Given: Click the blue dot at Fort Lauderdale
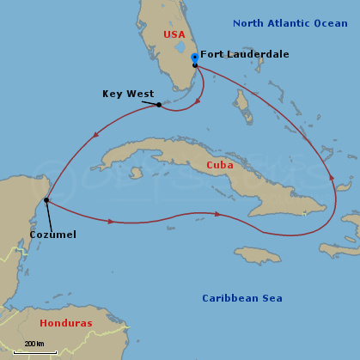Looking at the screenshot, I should tap(195, 58).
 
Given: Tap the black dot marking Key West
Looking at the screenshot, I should tap(159, 105).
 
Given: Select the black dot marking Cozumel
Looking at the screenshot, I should tap(46, 200).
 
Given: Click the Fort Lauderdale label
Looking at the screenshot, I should tap(245, 54).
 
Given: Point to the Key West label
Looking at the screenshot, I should tap(128, 94).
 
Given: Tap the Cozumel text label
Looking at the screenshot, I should tap(52, 234).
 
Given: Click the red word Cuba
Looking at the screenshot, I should tap(219, 164).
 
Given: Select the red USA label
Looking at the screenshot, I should tap(174, 34).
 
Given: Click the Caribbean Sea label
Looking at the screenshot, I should tap(242, 298).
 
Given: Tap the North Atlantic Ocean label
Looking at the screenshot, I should tap(290, 23).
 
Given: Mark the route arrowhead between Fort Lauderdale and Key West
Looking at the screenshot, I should tap(198, 101).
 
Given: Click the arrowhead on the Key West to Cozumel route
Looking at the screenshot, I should tap(95, 133).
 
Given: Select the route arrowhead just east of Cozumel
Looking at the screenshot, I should tap(110, 221).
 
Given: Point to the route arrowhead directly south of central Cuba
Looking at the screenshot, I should tap(217, 214).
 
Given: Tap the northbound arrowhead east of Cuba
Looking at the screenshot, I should tap(333, 177).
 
